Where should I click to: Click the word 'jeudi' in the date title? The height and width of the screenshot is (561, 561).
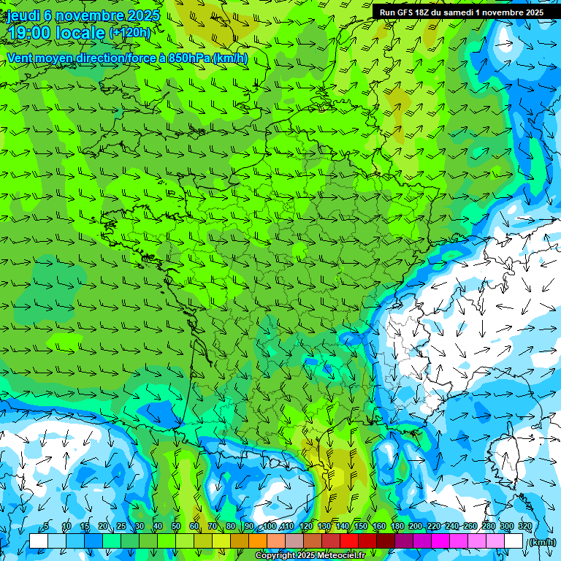(23, 16)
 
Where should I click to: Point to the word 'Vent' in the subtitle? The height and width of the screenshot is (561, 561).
(20, 58)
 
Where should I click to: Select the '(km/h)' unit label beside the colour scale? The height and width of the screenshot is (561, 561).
(541, 542)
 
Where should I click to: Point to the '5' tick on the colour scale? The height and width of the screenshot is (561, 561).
(47, 526)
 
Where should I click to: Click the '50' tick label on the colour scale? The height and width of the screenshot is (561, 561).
(176, 526)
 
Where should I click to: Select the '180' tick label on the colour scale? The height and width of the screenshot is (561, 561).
(397, 526)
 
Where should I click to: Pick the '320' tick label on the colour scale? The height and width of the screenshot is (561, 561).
(524, 526)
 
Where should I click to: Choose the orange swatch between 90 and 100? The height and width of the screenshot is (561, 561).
(257, 541)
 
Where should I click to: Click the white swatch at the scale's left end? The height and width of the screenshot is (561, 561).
(38, 541)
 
